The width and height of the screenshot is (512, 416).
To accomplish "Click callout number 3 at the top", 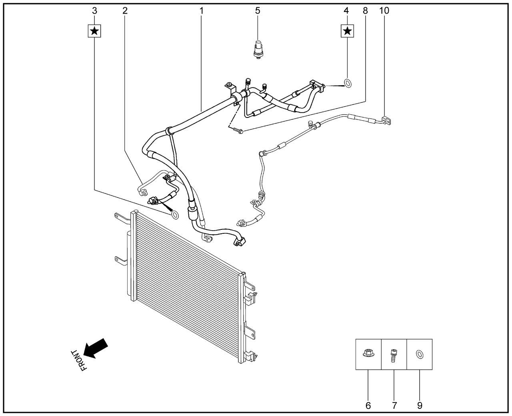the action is coord(94,11).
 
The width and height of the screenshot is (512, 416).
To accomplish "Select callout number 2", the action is coord(125,11).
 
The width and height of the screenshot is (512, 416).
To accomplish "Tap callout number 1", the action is coord(202,11).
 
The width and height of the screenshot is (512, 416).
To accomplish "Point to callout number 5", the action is coord(258,11).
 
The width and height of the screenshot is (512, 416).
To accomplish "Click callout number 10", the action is coord(384,11).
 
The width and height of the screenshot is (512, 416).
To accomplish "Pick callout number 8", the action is coord(365,11).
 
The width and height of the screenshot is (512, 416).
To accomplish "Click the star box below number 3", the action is coord(94,31).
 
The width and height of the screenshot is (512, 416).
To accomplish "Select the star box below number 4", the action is coord(347,31).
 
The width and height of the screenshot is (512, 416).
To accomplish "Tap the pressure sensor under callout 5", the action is coord(258,50).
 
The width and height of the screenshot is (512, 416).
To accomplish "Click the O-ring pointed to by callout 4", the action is coord(348,83).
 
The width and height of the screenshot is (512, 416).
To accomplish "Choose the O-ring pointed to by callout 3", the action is coord(174,215).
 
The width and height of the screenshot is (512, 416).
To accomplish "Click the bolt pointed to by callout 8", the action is coord(238,130).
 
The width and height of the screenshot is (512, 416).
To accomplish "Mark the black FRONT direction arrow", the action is coord(96,348).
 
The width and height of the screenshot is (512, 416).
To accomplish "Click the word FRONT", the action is coord(79,360).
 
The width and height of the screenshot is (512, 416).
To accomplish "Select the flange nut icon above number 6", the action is coord(368,354).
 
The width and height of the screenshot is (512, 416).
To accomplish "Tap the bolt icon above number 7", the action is coord(393,356).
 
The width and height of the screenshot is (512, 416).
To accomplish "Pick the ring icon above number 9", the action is coord(420,354).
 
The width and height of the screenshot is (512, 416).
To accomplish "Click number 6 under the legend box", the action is coord(368,406).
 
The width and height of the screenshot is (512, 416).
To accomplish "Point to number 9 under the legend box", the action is coord(420,406).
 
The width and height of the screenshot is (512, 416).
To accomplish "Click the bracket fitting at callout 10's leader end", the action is coord(387,121).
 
